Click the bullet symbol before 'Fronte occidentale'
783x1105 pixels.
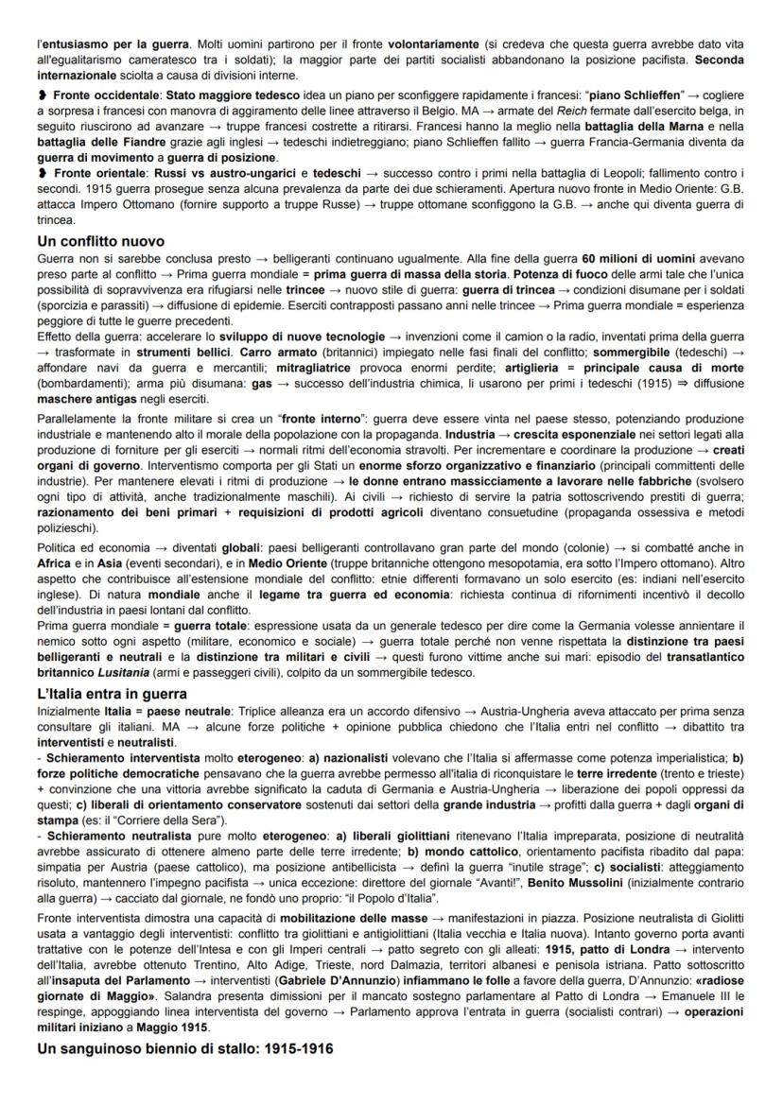pyautogui.click(x=42, y=96)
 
